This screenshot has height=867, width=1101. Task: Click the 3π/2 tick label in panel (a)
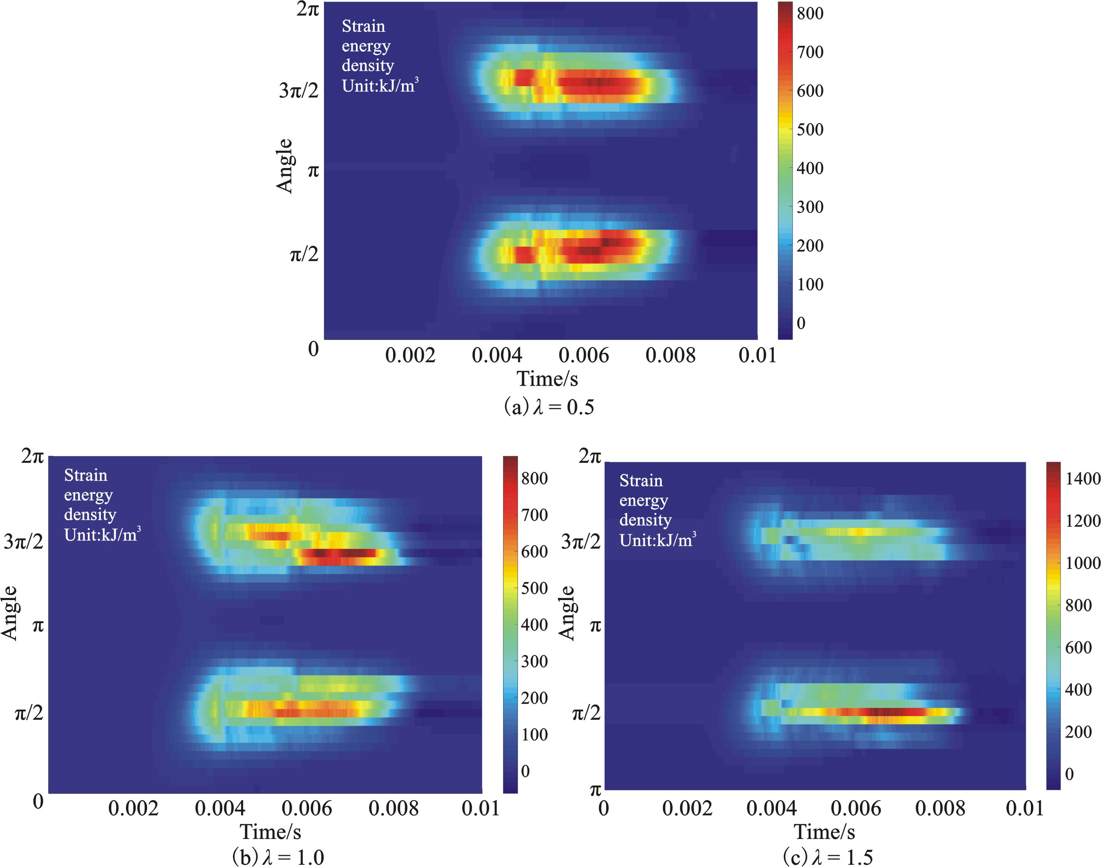tap(298, 90)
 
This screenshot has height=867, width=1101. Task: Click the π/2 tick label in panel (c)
tap(586, 713)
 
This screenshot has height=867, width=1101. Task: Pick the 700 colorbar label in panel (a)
tap(810, 52)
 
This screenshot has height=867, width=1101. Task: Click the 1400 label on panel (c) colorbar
tap(1083, 478)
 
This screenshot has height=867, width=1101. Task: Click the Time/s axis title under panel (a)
tap(547, 379)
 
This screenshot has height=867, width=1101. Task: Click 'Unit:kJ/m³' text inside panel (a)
tap(380, 85)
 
